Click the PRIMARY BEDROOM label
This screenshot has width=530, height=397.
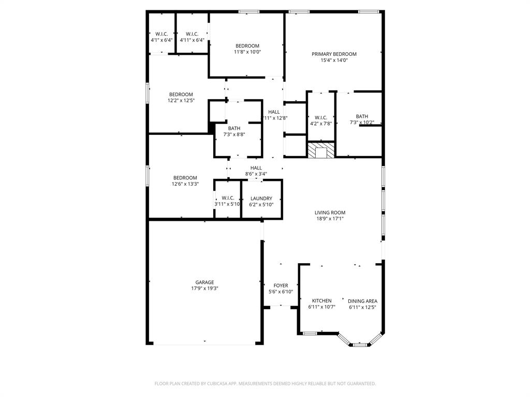[x=334, y=54]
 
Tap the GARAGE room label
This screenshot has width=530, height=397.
[x=204, y=282]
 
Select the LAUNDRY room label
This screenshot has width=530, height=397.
[x=261, y=198]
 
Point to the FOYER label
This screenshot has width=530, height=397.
[x=281, y=285]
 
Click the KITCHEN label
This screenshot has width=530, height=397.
[x=321, y=301]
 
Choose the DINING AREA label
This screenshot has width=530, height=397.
[x=362, y=301]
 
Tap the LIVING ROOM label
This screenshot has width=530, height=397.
[x=330, y=212]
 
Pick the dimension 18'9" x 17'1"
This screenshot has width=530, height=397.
[x=330, y=219]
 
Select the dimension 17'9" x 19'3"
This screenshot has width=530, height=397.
[x=204, y=288]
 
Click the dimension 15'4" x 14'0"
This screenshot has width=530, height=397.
[x=334, y=60]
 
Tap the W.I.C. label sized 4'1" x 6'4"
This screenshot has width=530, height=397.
[x=162, y=34]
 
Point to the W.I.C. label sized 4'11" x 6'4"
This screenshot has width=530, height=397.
[x=192, y=34]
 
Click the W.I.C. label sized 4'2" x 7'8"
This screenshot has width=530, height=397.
[x=321, y=117]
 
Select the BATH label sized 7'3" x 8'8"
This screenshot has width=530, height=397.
[x=234, y=128]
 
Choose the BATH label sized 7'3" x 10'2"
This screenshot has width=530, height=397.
[x=362, y=116]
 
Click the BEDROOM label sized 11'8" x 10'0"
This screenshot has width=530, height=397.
[x=247, y=45]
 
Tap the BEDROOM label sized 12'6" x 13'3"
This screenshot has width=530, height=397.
[x=185, y=178]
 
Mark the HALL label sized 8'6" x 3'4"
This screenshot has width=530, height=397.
[x=256, y=168]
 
